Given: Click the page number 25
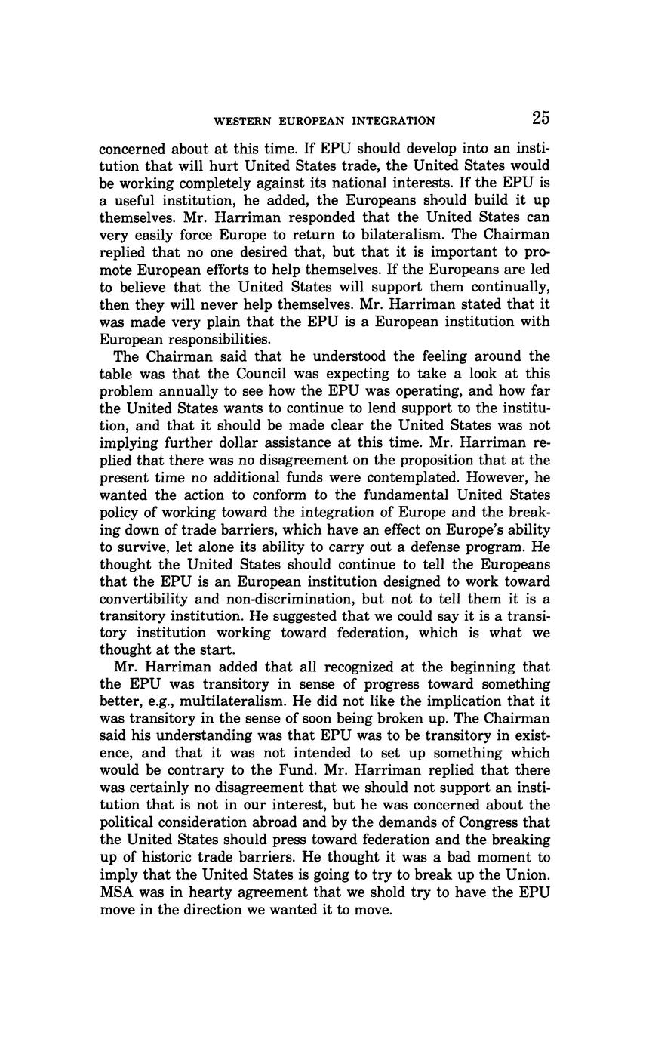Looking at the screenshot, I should pyautogui.click(x=540, y=118).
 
